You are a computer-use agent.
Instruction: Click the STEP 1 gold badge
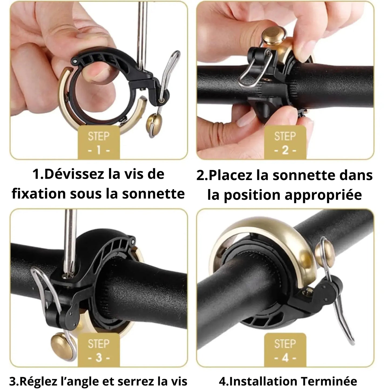[99, 142]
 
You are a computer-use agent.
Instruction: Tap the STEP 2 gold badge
[285, 142]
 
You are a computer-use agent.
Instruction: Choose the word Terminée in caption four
[329, 381]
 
